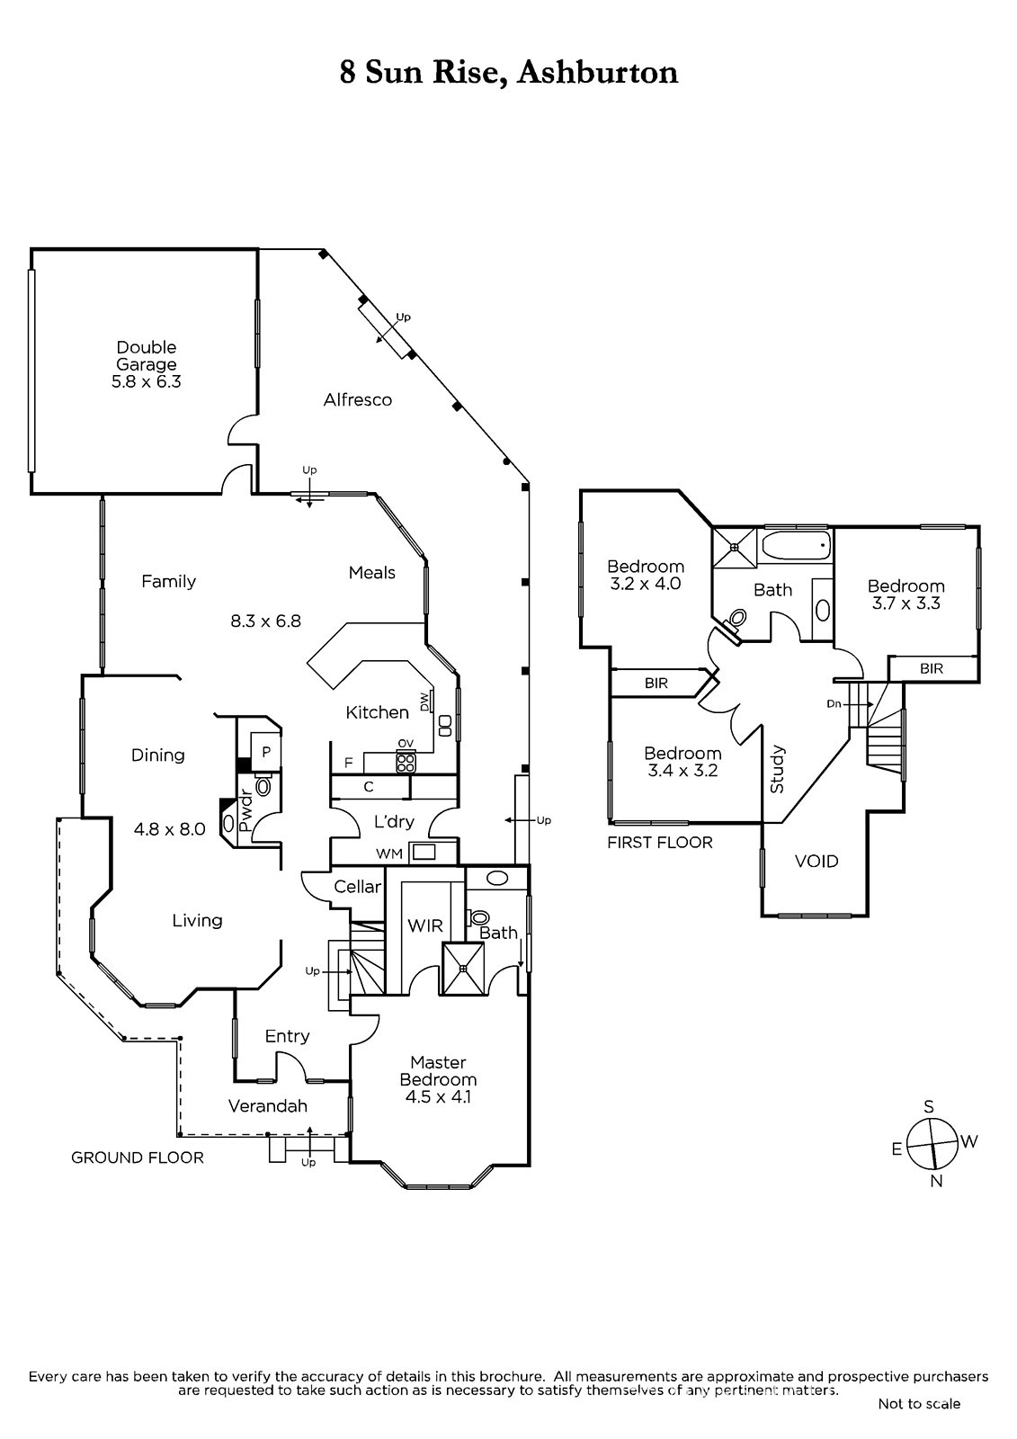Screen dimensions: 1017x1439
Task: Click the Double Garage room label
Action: pos(147,356)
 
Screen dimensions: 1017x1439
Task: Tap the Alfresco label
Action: pos(357,399)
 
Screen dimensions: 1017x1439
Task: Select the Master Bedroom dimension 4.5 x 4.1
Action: pos(438,1096)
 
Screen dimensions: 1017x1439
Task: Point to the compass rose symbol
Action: pos(932,1145)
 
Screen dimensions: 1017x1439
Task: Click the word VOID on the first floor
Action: pos(816,861)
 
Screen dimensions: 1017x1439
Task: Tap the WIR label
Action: pos(425,925)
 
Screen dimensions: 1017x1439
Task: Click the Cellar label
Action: pos(357,887)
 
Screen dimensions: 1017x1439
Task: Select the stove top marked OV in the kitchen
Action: pos(406,763)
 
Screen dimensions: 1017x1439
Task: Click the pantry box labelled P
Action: pos(265,752)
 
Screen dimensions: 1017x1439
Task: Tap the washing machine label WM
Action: pos(389,854)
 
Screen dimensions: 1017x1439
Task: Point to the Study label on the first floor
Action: pos(778,769)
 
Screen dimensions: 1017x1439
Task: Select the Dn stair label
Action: pos(834,703)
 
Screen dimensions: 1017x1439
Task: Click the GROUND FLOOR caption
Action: pos(138,1157)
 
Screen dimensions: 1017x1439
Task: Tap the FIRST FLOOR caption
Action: pos(660,842)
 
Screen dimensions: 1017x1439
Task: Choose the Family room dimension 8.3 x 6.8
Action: pos(266,621)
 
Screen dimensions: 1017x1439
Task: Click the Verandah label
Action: pos(268,1105)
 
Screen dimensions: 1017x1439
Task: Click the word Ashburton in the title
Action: pos(598,72)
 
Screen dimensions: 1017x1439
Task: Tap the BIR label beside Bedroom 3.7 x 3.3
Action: pos(932,668)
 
